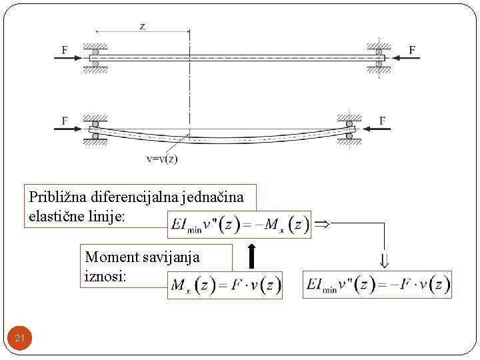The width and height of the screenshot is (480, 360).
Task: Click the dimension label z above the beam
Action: tap(142, 26)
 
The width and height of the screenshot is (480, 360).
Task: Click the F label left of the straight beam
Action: tap(65, 49)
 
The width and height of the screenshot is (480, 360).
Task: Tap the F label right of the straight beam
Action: tap(412, 49)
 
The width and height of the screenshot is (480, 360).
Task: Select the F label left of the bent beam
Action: tap(65, 121)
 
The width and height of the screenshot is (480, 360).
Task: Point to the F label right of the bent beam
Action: tap(383, 121)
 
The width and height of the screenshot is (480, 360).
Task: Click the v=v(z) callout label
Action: tap(161, 159)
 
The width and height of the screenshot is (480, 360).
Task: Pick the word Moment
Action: tap(109, 257)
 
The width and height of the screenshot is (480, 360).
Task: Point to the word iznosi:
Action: tap(104, 275)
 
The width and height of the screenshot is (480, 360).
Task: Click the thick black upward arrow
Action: tap(251, 256)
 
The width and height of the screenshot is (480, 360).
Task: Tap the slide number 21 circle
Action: tap(19, 339)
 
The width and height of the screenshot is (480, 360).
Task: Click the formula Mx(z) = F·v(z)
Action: tap(225, 285)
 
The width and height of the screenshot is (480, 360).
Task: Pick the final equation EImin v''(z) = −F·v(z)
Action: tap(377, 285)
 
